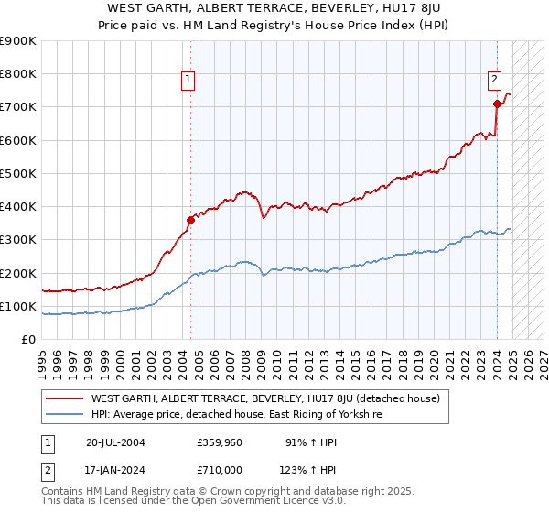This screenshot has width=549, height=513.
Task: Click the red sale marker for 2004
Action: point(191,220)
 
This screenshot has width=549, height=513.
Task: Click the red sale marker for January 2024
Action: point(497,104)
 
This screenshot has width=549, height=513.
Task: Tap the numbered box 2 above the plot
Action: point(494,80)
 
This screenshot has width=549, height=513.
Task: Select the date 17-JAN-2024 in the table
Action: point(115,469)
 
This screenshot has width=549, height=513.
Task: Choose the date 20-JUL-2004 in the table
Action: point(115,442)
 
